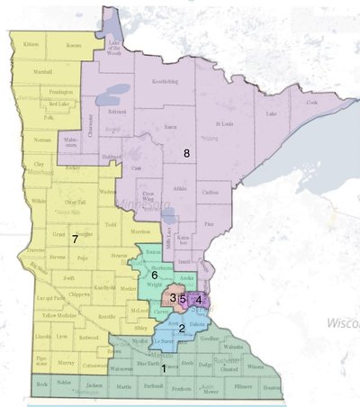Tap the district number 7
tap(76, 239)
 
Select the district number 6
tap(155, 275)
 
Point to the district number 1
tap(164, 367)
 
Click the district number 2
tap(182, 328)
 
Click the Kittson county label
tap(31, 44)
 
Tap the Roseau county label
tap(74, 45)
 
